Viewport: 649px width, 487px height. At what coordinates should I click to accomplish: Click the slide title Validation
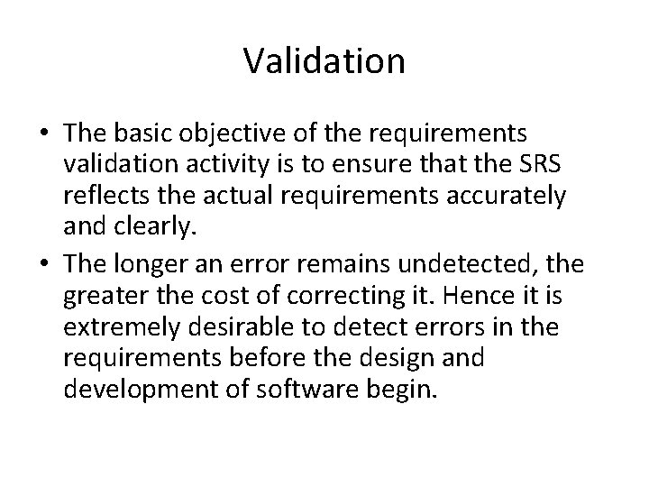coord(324,61)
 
